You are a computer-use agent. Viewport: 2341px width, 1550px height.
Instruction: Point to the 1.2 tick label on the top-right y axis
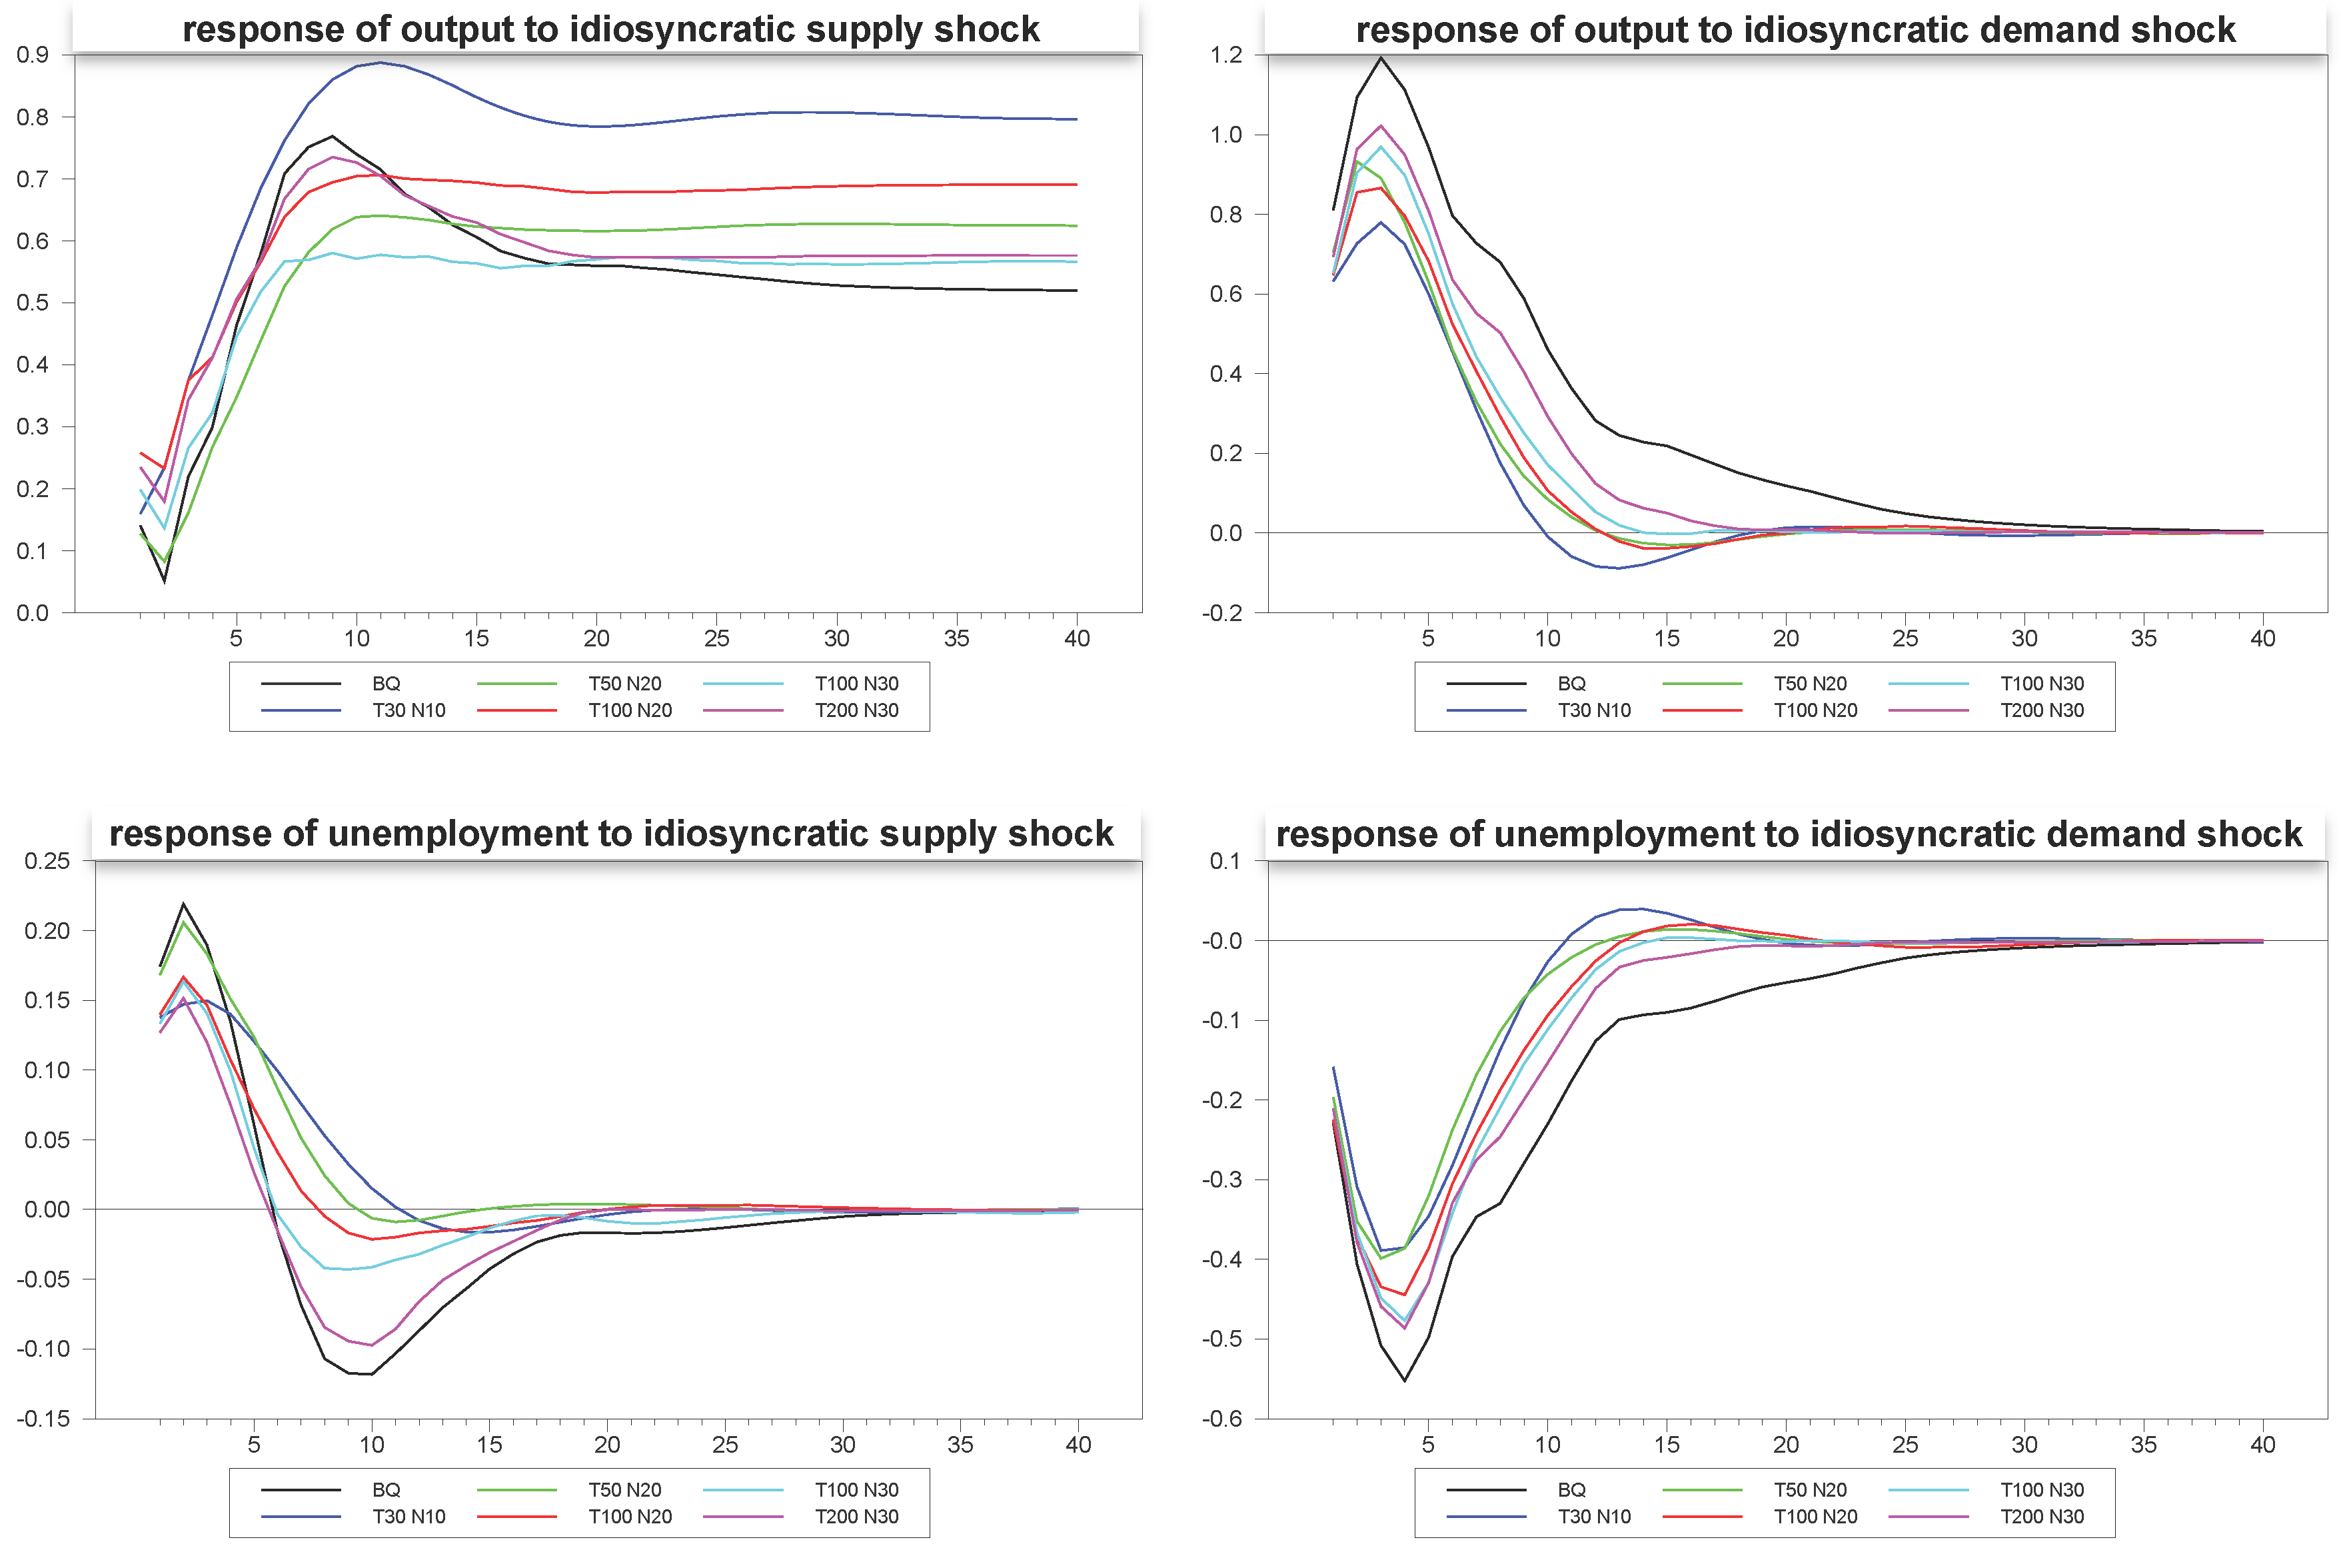(1226, 55)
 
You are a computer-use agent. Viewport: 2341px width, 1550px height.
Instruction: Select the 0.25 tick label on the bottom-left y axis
(47, 861)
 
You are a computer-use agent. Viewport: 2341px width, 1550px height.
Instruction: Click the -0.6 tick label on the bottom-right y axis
(1222, 1419)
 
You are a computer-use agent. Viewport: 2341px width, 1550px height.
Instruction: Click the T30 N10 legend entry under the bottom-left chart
(408, 1517)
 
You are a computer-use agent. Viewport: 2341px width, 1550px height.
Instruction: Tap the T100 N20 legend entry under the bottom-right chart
(1815, 1517)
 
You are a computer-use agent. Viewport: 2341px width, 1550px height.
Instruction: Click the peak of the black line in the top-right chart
(1381, 57)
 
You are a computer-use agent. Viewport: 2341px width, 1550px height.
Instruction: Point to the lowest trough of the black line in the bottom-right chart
(1405, 1380)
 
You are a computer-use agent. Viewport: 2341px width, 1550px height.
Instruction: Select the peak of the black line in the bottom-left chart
(183, 904)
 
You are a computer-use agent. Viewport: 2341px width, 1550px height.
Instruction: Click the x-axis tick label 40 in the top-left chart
(1077, 638)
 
